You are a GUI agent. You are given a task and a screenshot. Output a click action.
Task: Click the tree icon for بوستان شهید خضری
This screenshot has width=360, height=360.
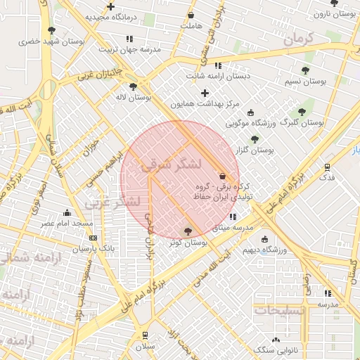point(52,30)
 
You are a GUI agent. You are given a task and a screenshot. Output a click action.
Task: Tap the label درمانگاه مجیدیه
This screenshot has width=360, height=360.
point(110,15)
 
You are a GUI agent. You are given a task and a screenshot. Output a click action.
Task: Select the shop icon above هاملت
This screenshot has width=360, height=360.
point(191,15)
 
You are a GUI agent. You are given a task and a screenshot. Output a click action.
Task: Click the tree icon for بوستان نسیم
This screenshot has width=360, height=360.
point(305,70)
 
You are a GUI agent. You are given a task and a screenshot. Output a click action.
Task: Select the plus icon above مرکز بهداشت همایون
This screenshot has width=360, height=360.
point(205,93)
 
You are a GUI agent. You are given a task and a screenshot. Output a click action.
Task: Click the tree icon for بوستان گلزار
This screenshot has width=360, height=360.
point(255,139)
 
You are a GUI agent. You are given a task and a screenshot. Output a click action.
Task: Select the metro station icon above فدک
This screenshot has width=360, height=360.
point(328,167)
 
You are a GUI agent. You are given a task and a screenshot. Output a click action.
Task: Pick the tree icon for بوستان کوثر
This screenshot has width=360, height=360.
point(188,231)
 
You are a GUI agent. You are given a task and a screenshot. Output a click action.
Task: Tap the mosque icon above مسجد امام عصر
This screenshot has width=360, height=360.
point(67,212)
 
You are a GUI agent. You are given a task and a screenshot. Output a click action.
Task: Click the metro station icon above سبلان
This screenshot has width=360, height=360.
point(145,335)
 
